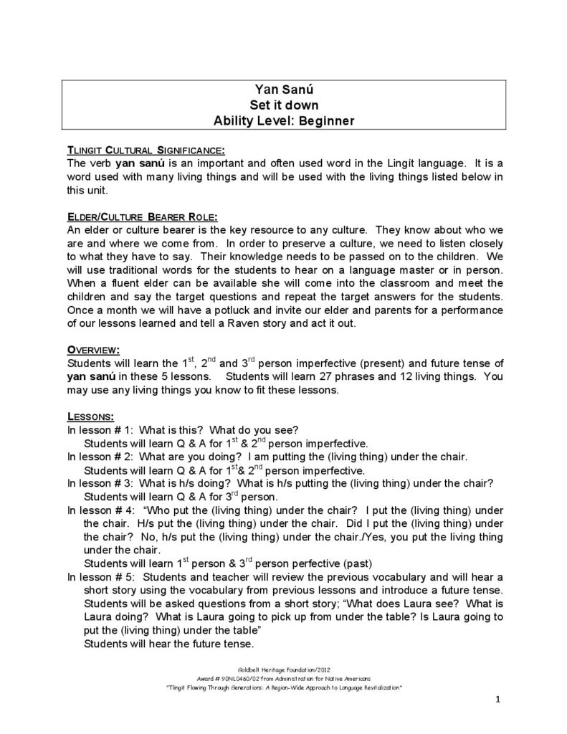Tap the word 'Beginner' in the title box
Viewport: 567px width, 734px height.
point(328,120)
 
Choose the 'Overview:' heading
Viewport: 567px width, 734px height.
point(92,350)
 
